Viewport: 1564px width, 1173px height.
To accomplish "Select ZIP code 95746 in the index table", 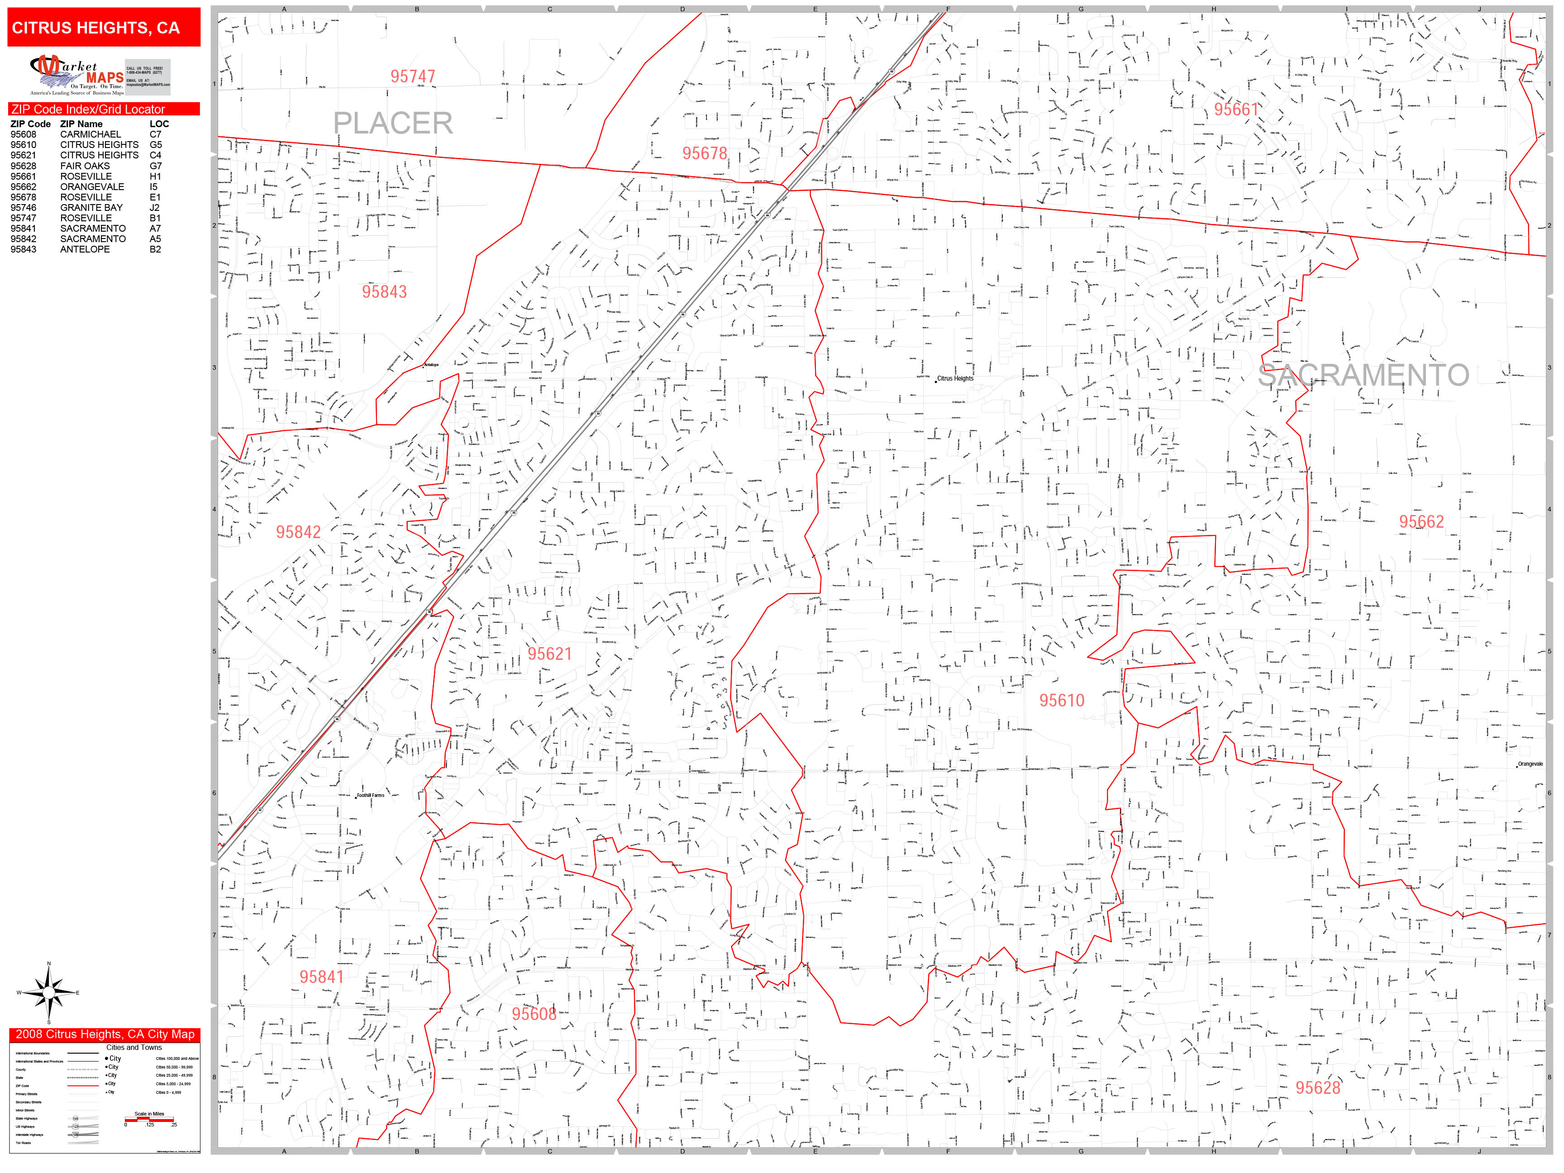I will coord(24,208).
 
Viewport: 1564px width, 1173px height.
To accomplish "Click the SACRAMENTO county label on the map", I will coord(1363,376).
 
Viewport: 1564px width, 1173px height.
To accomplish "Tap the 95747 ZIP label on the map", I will coord(412,76).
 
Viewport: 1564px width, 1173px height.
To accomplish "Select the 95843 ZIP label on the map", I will coord(384,292).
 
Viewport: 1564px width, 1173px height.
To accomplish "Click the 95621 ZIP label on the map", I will coord(549,654).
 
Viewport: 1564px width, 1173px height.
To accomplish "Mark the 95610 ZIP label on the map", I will coord(1061,701).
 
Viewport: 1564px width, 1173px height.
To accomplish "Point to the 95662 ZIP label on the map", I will coord(1421,522).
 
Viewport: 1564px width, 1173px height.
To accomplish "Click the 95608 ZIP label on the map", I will coord(534,1014).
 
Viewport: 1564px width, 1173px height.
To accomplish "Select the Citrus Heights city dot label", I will coord(954,379).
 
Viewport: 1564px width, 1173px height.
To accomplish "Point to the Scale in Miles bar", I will coord(149,1119).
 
